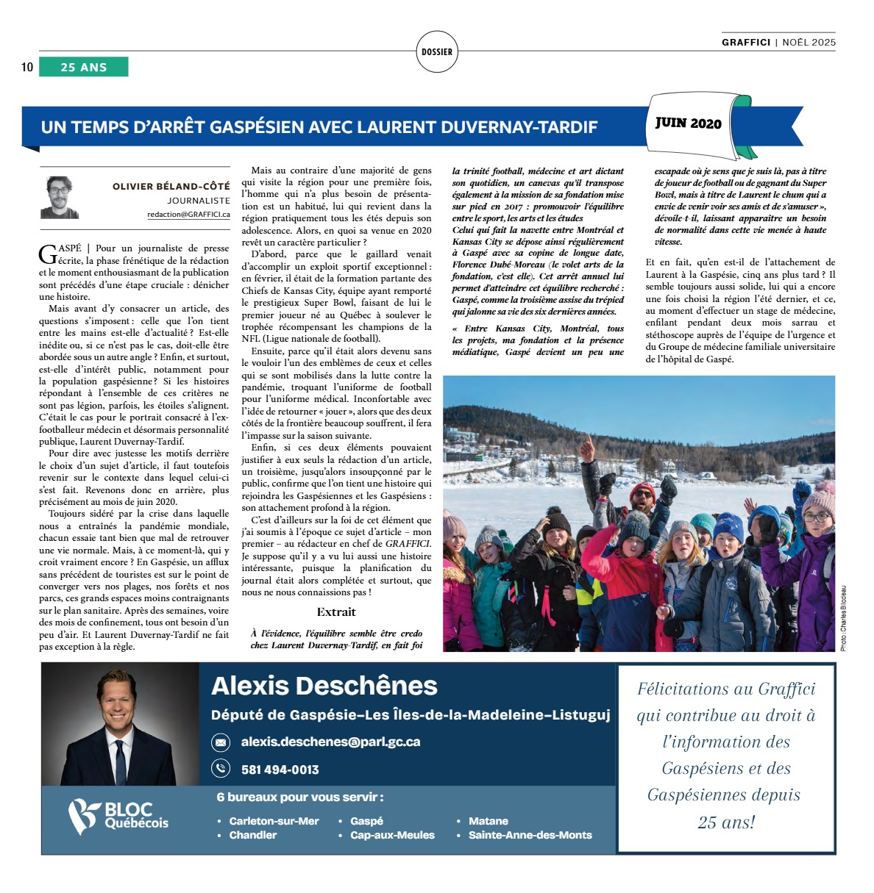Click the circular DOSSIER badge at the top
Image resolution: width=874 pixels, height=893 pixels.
point(437,51)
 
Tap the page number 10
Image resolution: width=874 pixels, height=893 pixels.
point(27,68)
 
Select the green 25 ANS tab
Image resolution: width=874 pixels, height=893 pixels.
point(83,67)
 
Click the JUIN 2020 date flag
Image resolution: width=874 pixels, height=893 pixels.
point(689,123)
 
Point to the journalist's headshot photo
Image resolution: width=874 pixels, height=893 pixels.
point(60,197)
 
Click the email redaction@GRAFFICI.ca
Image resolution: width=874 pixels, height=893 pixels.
point(188,214)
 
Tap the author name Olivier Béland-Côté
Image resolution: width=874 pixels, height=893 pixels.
point(171,187)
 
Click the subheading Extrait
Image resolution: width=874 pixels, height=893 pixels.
point(336,612)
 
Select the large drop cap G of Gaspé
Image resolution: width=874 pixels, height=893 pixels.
point(46,254)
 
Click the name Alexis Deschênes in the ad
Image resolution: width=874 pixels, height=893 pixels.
point(324,686)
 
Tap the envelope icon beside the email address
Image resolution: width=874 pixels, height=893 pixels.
point(221,742)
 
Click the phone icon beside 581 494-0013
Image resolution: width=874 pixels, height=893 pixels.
point(221,769)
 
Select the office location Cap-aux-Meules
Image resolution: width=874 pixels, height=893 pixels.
point(392,835)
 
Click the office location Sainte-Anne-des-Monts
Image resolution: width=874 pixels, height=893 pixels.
point(530,835)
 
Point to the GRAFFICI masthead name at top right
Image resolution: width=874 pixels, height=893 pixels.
point(746,43)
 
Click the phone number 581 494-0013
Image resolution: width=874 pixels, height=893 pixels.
point(280,770)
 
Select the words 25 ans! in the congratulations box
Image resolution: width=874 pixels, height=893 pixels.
point(726,822)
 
